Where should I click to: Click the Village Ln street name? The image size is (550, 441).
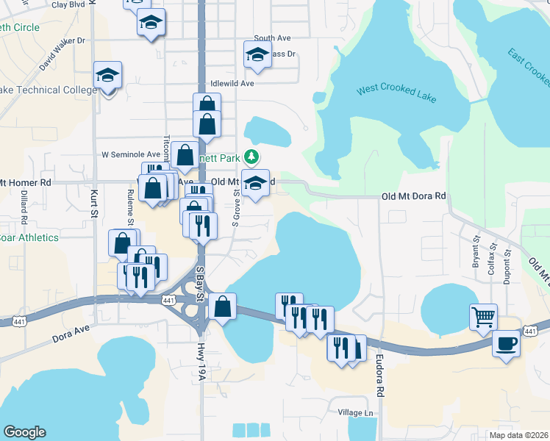356,413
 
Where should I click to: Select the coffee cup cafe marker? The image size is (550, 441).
506,343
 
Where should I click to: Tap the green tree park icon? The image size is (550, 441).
251,157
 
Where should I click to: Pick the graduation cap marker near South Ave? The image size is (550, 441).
257,54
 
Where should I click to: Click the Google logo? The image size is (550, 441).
24,433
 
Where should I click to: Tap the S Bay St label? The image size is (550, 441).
199,284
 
